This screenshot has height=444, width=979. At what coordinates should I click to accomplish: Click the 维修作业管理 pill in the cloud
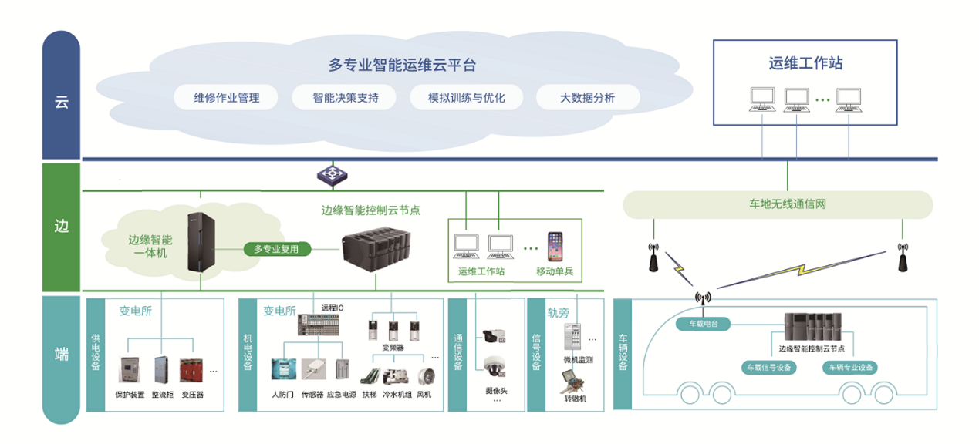coord(227,98)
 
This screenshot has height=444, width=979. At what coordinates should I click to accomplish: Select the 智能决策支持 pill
coord(344,98)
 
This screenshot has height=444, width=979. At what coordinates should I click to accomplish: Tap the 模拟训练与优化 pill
coord(466,98)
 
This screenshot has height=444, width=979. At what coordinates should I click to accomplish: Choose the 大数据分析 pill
coord(587,98)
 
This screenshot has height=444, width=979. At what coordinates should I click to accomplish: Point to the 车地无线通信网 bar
coord(777,204)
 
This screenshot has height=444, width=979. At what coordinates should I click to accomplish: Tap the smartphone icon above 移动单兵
coord(555,246)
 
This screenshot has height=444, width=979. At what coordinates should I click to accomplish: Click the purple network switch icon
coord(333,173)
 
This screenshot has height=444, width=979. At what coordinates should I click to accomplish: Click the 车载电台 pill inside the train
coord(703,324)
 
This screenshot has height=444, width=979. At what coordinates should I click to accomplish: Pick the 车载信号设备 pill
coord(768,368)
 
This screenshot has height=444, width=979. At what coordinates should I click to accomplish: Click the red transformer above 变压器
coord(191,371)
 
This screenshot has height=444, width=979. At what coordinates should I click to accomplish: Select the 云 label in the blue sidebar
coord(61,102)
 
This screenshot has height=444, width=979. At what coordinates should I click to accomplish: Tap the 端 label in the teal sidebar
coord(61,355)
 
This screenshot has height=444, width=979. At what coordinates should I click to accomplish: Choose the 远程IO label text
coord(333,308)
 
